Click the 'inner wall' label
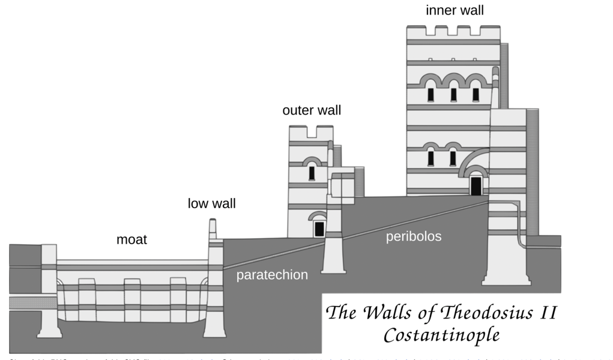[454, 10]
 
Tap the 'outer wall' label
[312, 110]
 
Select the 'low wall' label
[211, 203]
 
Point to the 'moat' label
[131, 240]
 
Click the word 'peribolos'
[413, 236]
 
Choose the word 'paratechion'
[272, 275]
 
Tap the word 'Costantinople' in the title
[441, 334]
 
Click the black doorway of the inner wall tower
[476, 185]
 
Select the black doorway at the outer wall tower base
[319, 229]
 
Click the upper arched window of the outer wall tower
[312, 173]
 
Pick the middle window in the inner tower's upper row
[453, 95]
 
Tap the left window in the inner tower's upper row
[430, 95]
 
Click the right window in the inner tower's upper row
[476, 95]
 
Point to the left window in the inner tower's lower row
[430, 158]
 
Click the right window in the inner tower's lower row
[453, 158]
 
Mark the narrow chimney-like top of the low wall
[213, 229]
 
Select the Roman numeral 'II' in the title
[548, 313]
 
